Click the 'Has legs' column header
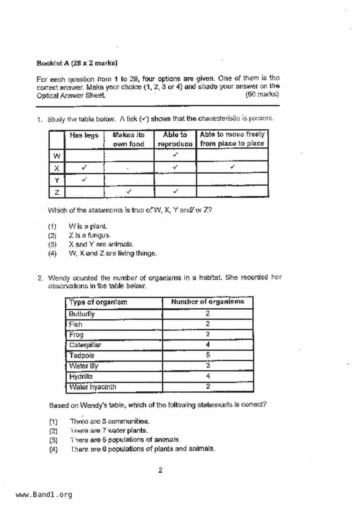pos(84,135)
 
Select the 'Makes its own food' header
pos(128,139)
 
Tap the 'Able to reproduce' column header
pos(175,139)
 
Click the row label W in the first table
pos(57,156)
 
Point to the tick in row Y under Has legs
pos(84,179)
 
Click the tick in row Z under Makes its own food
pos(129,191)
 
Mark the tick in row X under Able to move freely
pos(232,167)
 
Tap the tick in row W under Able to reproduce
pos(175,155)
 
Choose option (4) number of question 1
pos(52,253)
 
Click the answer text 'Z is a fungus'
pos(90,235)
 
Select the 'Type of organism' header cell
pos(98,302)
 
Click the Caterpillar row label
pos(85,345)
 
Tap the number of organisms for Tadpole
pos(208,355)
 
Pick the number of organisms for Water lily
pos(208,366)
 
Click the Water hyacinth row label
pos(93,387)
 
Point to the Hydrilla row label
pos(81,376)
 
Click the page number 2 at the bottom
pos(160,470)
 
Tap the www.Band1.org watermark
pos(44,495)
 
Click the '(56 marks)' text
pos(262,94)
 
